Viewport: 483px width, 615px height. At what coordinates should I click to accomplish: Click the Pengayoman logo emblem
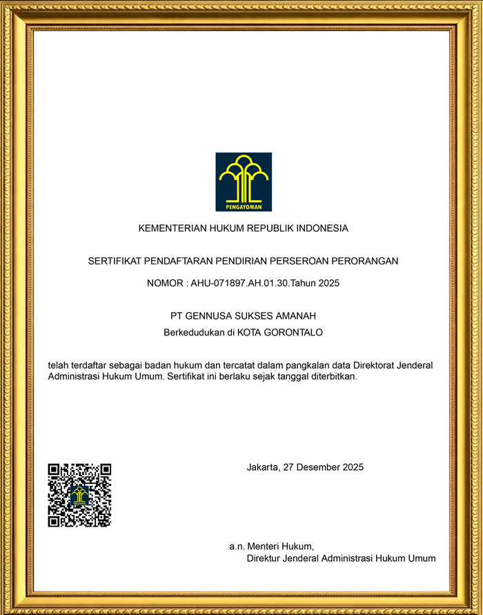(244, 181)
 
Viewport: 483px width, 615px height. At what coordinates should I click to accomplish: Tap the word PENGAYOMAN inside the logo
(244, 206)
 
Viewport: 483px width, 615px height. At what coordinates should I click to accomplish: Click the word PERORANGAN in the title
(365, 261)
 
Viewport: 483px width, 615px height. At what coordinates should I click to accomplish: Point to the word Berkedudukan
(192, 332)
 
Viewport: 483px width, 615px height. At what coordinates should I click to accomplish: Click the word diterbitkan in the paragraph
(331, 377)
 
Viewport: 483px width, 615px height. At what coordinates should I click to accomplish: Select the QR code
(79, 495)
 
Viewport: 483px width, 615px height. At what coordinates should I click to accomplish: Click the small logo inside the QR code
(79, 495)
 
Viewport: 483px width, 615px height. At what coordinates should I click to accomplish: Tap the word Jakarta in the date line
(263, 467)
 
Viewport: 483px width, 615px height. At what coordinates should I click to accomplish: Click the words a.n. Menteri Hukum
(272, 545)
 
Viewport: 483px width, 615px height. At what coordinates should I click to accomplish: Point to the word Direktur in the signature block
(265, 558)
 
